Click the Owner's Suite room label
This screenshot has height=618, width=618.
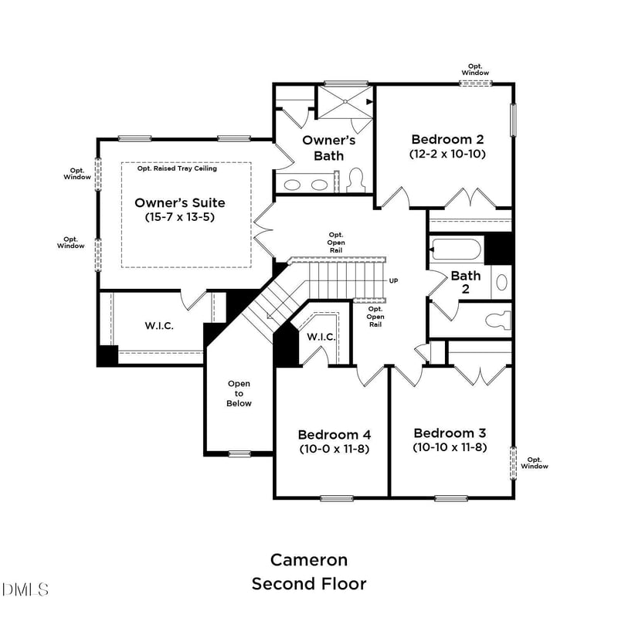pos(180,202)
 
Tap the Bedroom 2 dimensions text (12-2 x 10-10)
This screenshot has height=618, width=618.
pos(447,154)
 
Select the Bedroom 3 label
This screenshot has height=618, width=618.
pos(450,433)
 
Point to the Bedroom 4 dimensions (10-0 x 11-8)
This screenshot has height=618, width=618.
pos(333,448)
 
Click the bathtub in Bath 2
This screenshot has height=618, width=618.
pos(457,250)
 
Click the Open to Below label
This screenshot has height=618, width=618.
pos(239,393)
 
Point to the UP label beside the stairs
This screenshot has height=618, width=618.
pos(394,280)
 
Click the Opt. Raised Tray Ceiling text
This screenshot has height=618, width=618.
pos(177,168)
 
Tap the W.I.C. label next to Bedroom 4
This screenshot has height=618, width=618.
pos(321,337)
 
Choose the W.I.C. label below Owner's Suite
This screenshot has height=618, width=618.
pos(159,326)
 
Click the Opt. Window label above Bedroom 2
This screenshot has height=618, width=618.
pos(476,70)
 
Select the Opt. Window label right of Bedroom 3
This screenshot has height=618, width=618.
pos(535,463)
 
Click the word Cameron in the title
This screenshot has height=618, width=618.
pos(309,559)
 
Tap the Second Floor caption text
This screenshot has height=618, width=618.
pos(309,583)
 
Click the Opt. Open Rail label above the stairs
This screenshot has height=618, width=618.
pos(336,243)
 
